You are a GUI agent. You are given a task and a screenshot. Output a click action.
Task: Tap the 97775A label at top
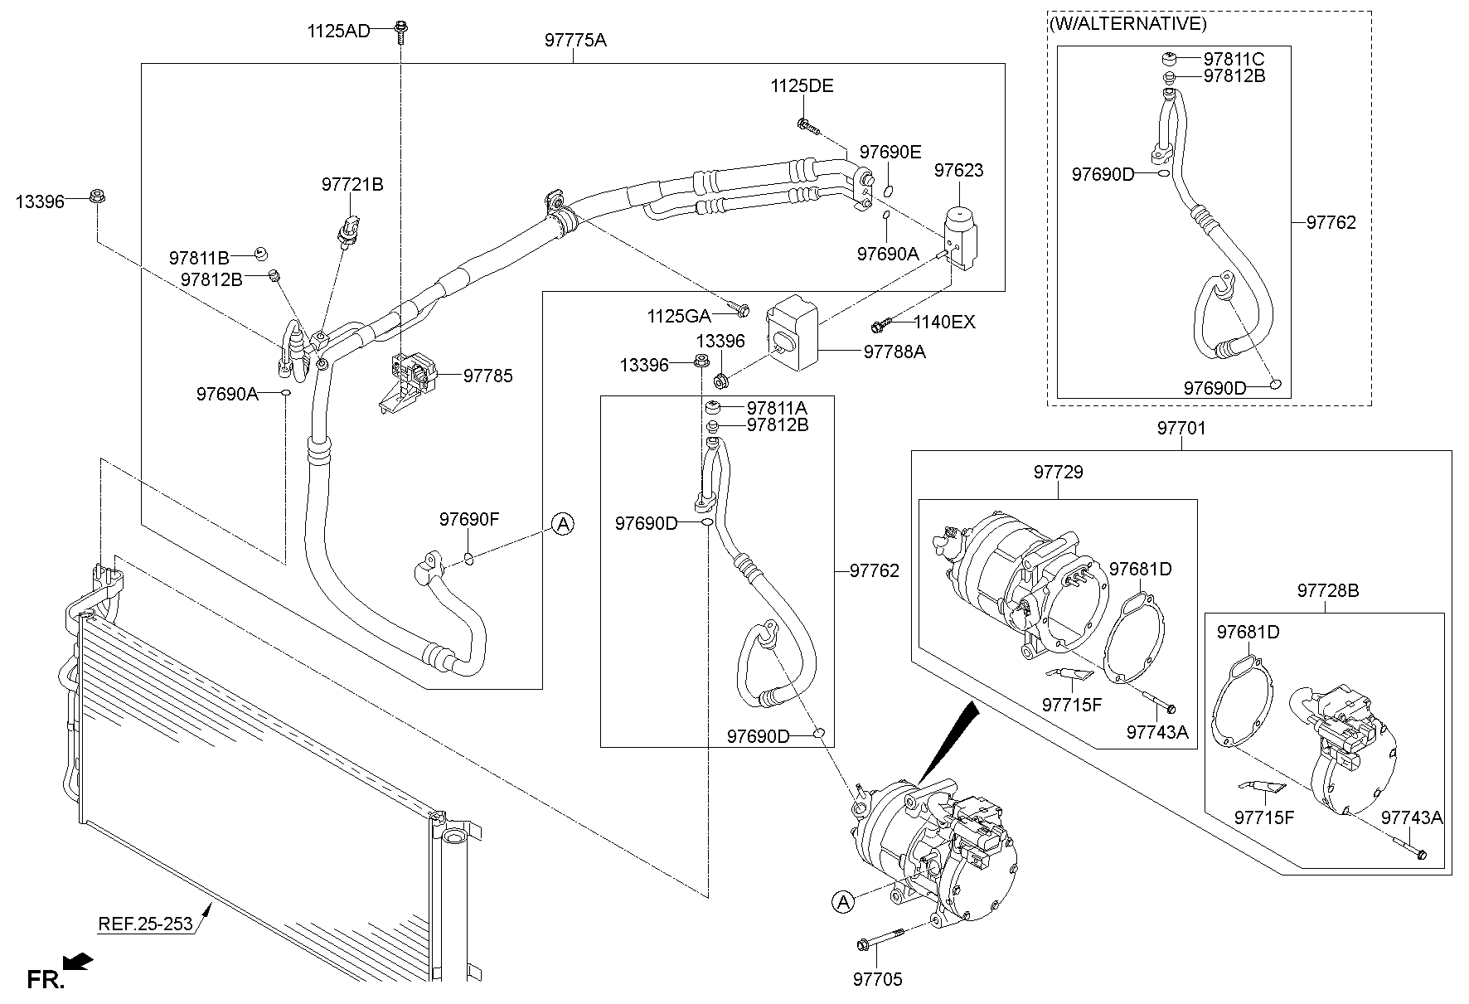coord(575,39)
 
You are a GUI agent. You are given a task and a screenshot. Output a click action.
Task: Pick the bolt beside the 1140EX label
coord(880,323)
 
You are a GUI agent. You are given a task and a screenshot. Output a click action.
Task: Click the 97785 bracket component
coord(412,377)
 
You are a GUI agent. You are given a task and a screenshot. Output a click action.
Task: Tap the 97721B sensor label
coord(352,185)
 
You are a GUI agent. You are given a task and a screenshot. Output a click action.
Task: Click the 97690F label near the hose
coord(469,520)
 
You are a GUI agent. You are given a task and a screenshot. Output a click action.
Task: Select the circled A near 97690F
coord(563,523)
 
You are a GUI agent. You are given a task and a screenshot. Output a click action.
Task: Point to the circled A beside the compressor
coord(842,901)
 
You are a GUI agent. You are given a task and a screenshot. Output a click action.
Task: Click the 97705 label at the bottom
coord(877,979)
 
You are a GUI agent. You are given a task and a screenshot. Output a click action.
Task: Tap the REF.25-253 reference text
coord(145,923)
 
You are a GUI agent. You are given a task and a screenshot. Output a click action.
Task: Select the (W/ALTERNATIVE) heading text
coord(1128,24)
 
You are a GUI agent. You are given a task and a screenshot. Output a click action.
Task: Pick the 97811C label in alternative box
coord(1234,59)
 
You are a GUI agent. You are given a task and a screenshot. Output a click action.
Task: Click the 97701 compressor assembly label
coord(1181,429)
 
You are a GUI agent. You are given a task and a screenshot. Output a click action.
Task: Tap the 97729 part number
coord(1058,472)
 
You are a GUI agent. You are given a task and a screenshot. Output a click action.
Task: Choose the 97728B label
coord(1327,590)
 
